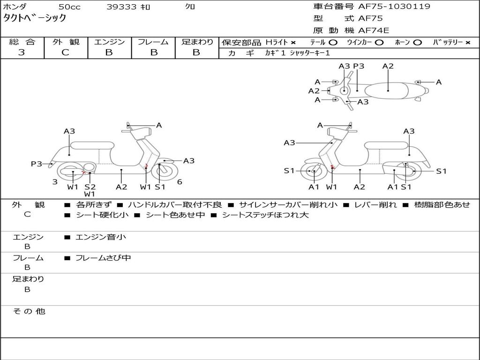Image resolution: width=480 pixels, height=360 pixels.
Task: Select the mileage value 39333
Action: pyautogui.click(x=121, y=7)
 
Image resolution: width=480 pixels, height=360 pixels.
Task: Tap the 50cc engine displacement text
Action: pyautogui.click(x=69, y=7)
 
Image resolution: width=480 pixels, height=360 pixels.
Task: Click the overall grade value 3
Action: pyautogui.click(x=22, y=52)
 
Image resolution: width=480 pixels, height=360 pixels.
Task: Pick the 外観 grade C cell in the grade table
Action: pyautogui.click(x=65, y=52)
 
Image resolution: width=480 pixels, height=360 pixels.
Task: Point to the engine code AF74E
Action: pyautogui.click(x=374, y=31)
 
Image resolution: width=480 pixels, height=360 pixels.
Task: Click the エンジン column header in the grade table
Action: pyautogui.click(x=109, y=42)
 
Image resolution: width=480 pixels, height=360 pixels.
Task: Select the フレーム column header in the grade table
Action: pyautogui.click(x=153, y=42)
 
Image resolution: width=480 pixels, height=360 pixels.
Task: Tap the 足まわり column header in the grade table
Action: pyautogui.click(x=197, y=42)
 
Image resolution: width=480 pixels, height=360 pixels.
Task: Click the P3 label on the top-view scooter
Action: pyautogui.click(x=359, y=66)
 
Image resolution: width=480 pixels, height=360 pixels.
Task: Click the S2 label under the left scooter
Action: pyautogui.click(x=90, y=187)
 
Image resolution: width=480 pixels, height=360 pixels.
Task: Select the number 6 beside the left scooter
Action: pyautogui.click(x=180, y=182)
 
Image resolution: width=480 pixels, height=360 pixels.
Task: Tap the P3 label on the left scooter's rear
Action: pyautogui.click(x=37, y=164)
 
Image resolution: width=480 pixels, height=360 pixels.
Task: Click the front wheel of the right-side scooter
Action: pyautogui.click(x=313, y=172)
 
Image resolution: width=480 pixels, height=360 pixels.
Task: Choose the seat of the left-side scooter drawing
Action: pyautogui.click(x=92, y=145)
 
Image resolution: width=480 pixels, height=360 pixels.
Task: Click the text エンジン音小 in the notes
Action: pyautogui.click(x=101, y=237)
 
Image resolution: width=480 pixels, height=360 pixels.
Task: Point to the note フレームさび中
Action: pyautogui.click(x=103, y=258)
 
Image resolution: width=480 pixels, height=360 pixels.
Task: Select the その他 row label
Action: pyautogui.click(x=29, y=311)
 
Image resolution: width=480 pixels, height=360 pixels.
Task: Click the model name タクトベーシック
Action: pyautogui.click(x=35, y=18)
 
